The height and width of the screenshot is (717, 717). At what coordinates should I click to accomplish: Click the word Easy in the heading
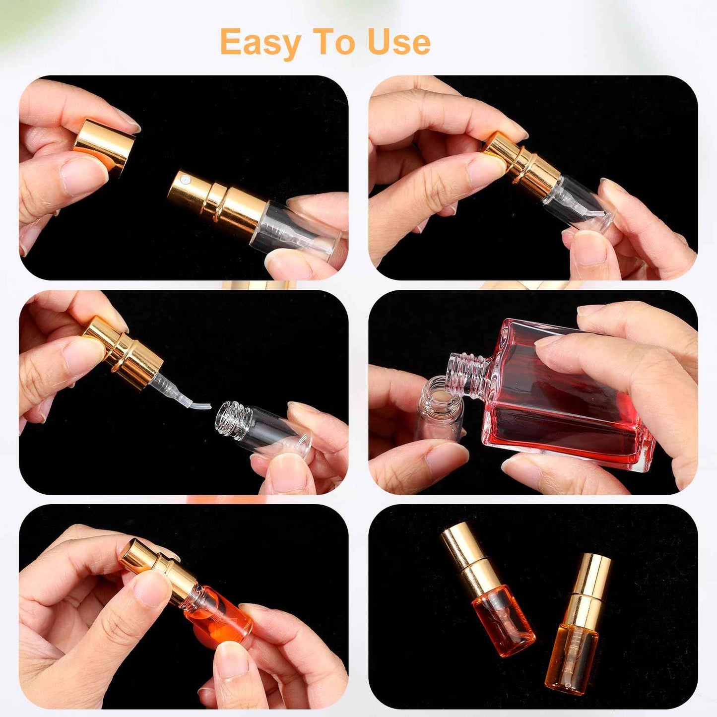261,43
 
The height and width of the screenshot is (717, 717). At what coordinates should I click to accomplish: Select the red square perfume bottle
556,397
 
